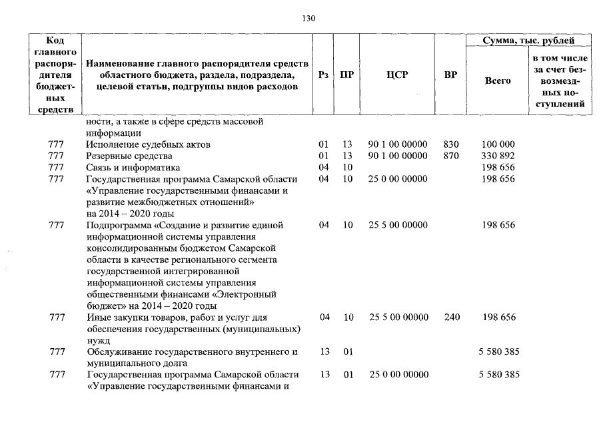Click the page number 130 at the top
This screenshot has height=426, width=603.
(308, 18)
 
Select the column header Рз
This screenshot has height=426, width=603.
(324, 75)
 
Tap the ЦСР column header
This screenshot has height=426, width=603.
(397, 75)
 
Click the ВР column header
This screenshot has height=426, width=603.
(450, 75)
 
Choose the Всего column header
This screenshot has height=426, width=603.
(498, 81)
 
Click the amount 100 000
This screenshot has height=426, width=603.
(498, 144)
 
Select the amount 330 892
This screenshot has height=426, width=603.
(498, 156)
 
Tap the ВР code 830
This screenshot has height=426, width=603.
(450, 144)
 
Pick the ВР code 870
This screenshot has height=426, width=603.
(450, 156)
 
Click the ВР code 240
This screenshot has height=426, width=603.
(450, 318)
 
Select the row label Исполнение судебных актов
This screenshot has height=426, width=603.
(149, 144)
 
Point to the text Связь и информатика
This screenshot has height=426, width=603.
(133, 167)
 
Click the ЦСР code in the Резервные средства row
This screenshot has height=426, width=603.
(397, 156)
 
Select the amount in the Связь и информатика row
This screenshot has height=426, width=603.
(498, 167)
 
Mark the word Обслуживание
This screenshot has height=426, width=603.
(119, 351)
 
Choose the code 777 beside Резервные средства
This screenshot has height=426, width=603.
(57, 156)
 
